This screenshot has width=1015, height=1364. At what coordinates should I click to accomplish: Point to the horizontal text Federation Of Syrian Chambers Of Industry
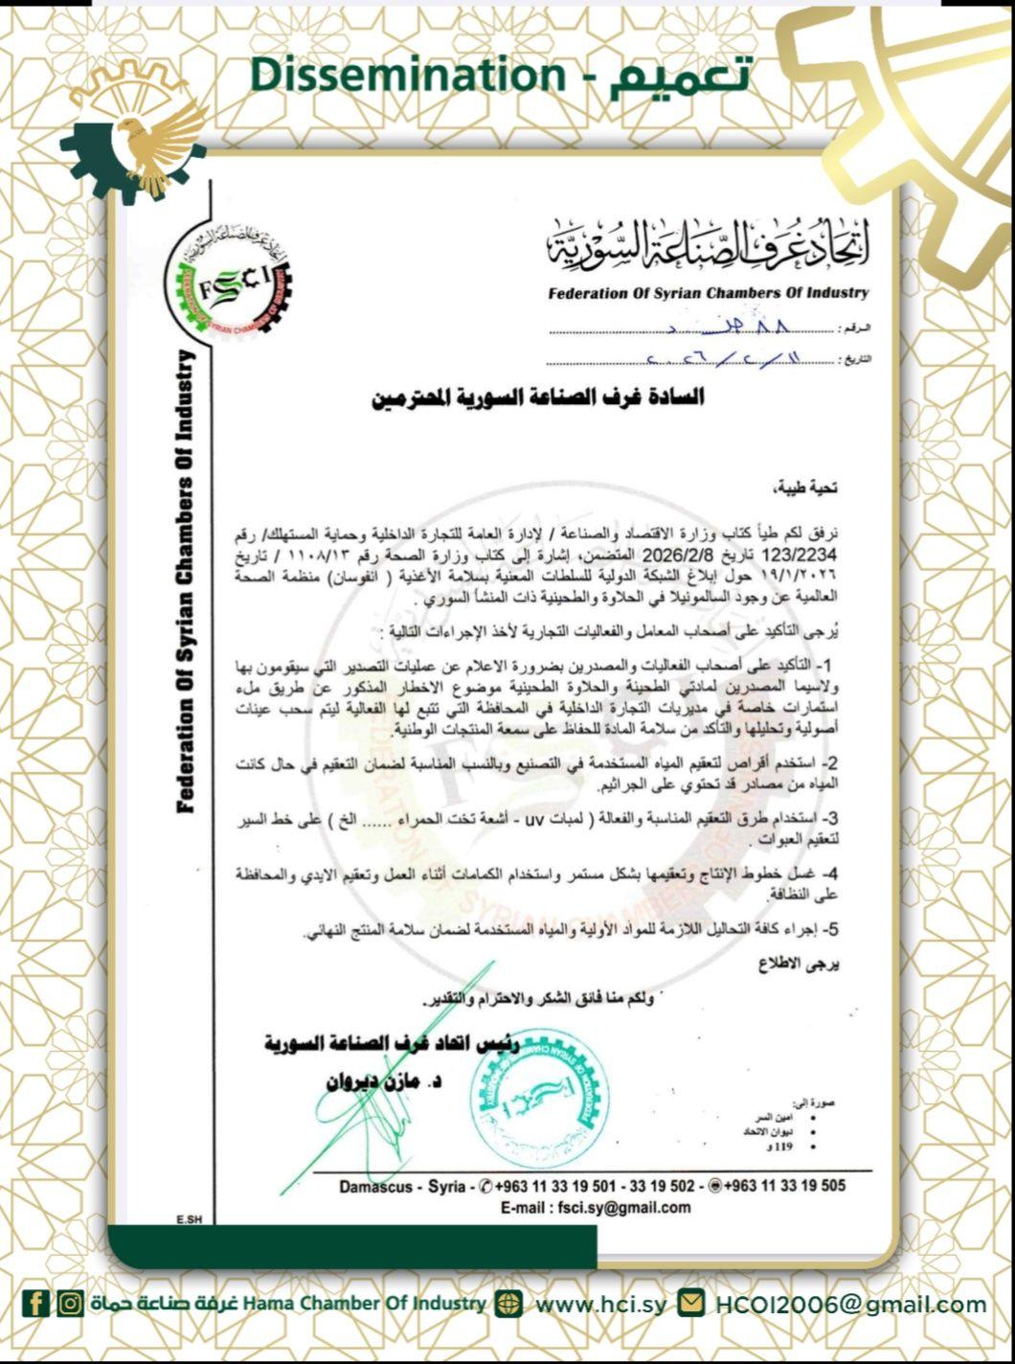tap(709, 292)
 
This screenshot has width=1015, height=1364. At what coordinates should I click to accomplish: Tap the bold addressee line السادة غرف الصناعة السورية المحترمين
tap(537, 397)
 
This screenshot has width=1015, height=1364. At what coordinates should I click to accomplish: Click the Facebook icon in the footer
tap(36, 1303)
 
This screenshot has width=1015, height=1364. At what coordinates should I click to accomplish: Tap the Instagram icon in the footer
tap(70, 1303)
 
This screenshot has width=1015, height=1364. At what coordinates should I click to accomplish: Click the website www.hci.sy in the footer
tap(600, 1304)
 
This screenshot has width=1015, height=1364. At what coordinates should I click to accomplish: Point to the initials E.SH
tap(189, 1219)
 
